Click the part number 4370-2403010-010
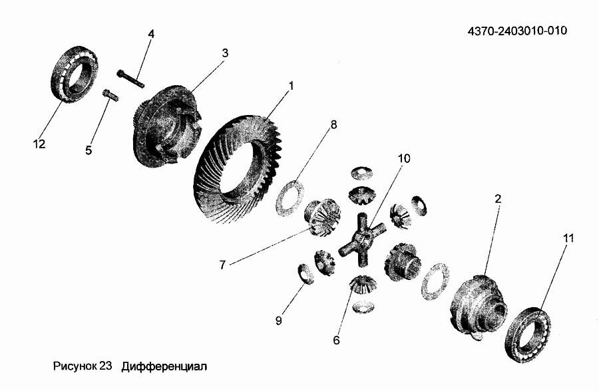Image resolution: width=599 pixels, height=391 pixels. pyautogui.click(x=517, y=31)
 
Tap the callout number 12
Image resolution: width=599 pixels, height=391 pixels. pyautogui.click(x=39, y=144)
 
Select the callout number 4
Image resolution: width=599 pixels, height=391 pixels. pyautogui.click(x=151, y=34)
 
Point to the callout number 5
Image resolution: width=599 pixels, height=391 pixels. pyautogui.click(x=89, y=150)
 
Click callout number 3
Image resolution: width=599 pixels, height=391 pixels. pyautogui.click(x=225, y=53)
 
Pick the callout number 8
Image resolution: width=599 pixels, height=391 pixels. pyautogui.click(x=333, y=124)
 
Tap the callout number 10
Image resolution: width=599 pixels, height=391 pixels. pyautogui.click(x=404, y=158)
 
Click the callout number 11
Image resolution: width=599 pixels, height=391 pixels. pyautogui.click(x=568, y=238)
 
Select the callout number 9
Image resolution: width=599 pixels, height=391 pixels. pyautogui.click(x=278, y=321)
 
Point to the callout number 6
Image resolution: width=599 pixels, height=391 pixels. pyautogui.click(x=336, y=340)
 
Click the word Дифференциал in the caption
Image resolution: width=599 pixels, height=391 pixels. pyautogui.click(x=164, y=367)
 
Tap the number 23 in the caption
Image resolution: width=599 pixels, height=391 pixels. pyautogui.click(x=105, y=366)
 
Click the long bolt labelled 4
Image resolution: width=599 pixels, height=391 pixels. pyautogui.click(x=130, y=78)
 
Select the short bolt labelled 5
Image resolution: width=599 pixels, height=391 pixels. pyautogui.click(x=110, y=94)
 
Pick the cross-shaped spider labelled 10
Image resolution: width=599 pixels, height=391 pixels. pyautogui.click(x=362, y=239)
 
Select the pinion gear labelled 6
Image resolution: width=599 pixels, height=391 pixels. pyautogui.click(x=363, y=285)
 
